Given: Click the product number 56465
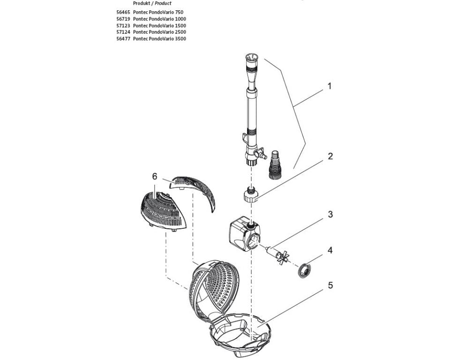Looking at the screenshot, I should coord(123,12).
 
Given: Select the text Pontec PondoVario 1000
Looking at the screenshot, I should coord(159,19).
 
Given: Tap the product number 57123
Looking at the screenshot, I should coord(123,25).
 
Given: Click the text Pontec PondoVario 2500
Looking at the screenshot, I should coord(159,32).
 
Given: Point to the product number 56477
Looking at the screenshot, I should coord(123,38).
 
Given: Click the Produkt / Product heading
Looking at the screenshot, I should coord(152,3).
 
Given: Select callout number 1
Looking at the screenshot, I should coord(330,86).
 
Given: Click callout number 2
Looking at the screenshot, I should coord(330,156).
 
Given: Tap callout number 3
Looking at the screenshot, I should coord(330,214).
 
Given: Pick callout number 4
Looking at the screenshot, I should coord(330,250).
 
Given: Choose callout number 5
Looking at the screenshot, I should coord(330,285).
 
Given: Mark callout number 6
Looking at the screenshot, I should coord(154,176).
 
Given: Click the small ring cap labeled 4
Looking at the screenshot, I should coord(304,270).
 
